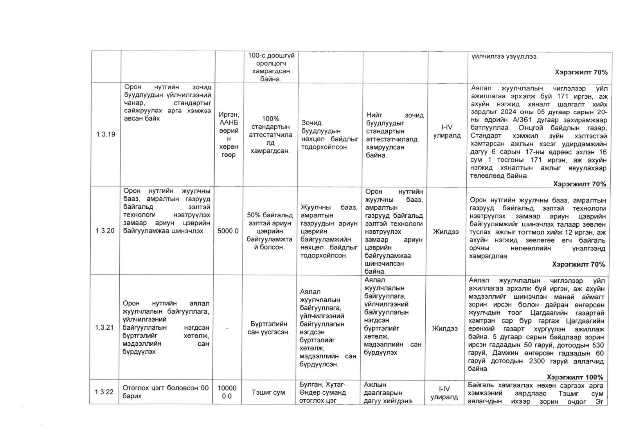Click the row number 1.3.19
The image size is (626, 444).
[x=106, y=135]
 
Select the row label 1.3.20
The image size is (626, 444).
[x=105, y=231]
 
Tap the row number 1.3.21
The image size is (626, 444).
[x=104, y=328]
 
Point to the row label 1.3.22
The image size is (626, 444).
[x=104, y=392]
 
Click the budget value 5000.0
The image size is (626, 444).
[x=228, y=231]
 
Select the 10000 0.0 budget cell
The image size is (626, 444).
[x=227, y=392]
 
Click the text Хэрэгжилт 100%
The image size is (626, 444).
[x=575, y=377]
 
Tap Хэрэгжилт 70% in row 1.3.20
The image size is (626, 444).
[x=578, y=264]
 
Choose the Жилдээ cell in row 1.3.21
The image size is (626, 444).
[x=445, y=328]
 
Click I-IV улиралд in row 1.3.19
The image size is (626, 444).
[x=447, y=132]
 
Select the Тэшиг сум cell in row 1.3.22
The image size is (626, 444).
[x=268, y=392]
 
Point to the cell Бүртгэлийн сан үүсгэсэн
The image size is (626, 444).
[x=268, y=328]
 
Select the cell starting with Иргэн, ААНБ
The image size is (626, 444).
[x=229, y=135]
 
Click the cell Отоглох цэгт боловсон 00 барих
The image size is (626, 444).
[x=166, y=392]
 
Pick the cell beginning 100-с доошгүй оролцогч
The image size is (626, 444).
[x=271, y=67]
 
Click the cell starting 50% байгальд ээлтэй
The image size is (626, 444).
[x=270, y=231]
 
